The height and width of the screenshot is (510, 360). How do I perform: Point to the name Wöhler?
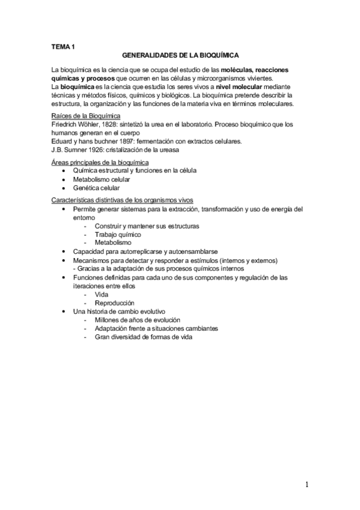(x=88, y=124)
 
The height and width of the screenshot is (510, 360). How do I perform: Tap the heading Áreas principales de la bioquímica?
(x=100, y=162)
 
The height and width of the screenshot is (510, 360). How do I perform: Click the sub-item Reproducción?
(x=115, y=303)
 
